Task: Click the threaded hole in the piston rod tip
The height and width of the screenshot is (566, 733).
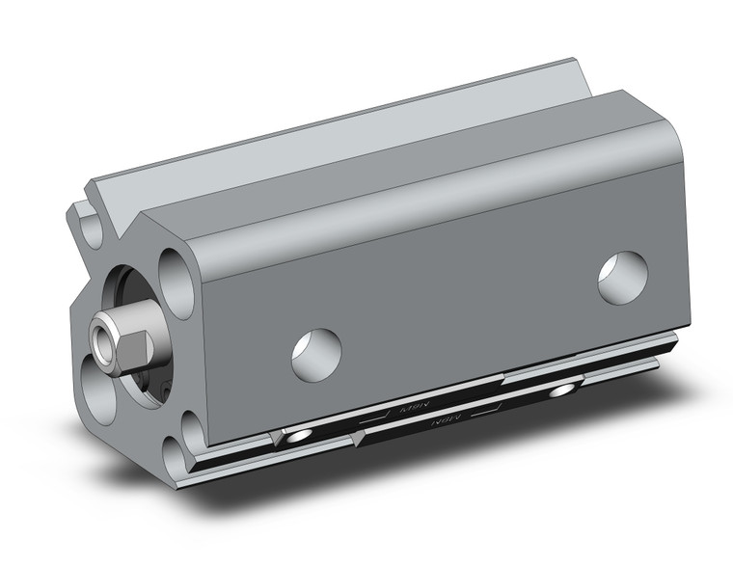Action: tap(101, 337)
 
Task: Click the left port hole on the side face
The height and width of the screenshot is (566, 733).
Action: tap(316, 353)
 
